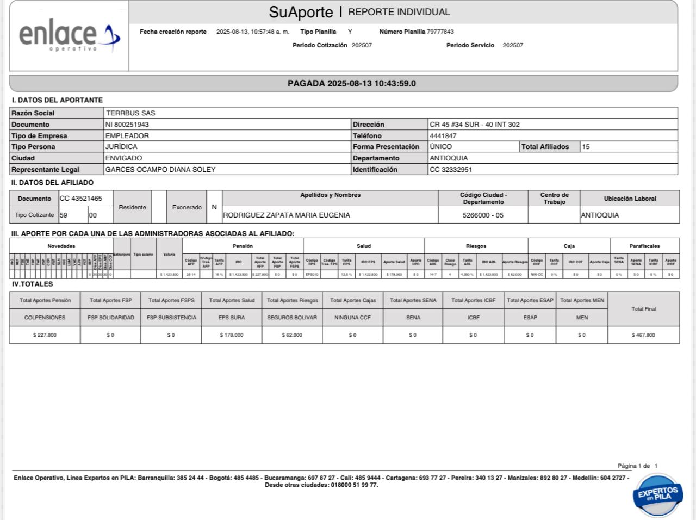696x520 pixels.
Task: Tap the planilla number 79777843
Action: click(x=440, y=32)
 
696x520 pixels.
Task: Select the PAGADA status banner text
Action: click(x=351, y=84)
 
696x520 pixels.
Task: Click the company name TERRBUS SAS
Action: click(x=130, y=113)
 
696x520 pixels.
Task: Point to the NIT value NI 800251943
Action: click(x=127, y=125)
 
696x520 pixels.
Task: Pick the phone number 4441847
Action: click(x=443, y=136)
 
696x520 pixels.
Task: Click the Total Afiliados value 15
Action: click(x=586, y=147)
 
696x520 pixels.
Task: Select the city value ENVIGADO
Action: click(x=123, y=158)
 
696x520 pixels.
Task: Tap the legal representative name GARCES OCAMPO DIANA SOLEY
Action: click(x=160, y=170)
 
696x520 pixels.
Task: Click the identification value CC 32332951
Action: click(x=451, y=170)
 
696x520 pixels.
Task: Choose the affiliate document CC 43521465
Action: click(x=81, y=199)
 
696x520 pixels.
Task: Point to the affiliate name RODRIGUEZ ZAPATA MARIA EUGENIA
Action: click(x=287, y=215)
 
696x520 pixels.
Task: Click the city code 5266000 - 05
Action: click(x=483, y=215)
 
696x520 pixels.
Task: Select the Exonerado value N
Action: click(x=214, y=207)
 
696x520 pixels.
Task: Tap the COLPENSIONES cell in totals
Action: click(x=45, y=318)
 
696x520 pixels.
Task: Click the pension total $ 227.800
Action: click(x=45, y=335)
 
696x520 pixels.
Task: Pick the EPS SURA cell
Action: click(x=232, y=318)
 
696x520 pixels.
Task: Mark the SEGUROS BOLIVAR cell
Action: click(x=292, y=318)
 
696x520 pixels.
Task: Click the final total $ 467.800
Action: click(x=643, y=335)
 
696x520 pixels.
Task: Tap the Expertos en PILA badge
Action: click(x=657, y=494)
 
